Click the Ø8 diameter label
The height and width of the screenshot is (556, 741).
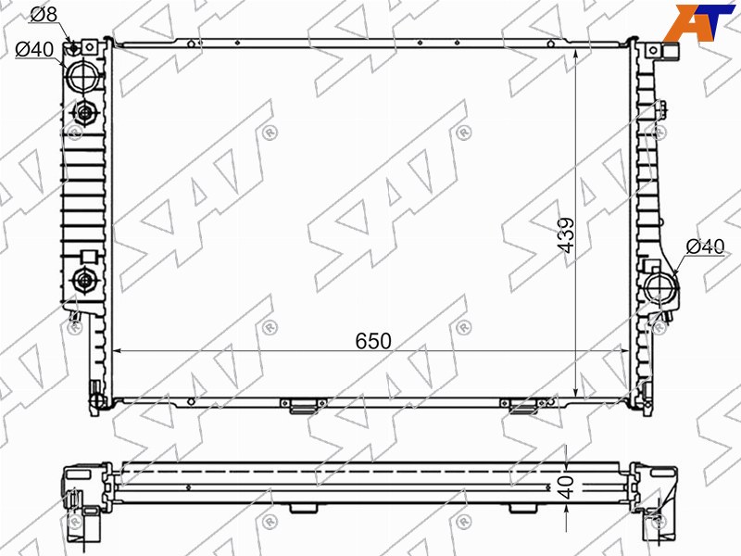44,14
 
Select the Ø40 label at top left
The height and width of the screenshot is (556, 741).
34,49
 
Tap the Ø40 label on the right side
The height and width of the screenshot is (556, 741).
705,246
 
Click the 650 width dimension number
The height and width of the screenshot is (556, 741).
373,341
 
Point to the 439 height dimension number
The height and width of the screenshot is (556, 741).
566,235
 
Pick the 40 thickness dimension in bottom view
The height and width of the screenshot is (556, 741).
566,487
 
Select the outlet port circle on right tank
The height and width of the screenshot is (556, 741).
661,286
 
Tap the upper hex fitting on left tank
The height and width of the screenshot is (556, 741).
84,113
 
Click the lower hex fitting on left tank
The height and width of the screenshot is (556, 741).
84,281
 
